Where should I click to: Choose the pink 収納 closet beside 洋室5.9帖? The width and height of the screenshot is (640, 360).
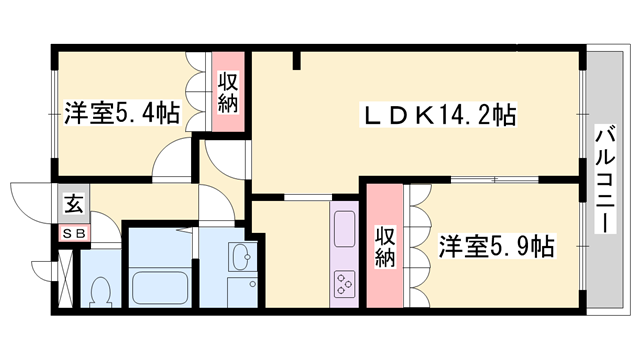384,245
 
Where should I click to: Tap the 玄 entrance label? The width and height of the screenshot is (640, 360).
73,206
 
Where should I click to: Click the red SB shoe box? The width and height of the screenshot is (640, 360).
74,233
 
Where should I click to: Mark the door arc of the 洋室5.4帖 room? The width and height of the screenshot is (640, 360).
172,160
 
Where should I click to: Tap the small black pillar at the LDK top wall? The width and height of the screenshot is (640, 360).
296,62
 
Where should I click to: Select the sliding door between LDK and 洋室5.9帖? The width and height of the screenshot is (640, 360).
497,181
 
